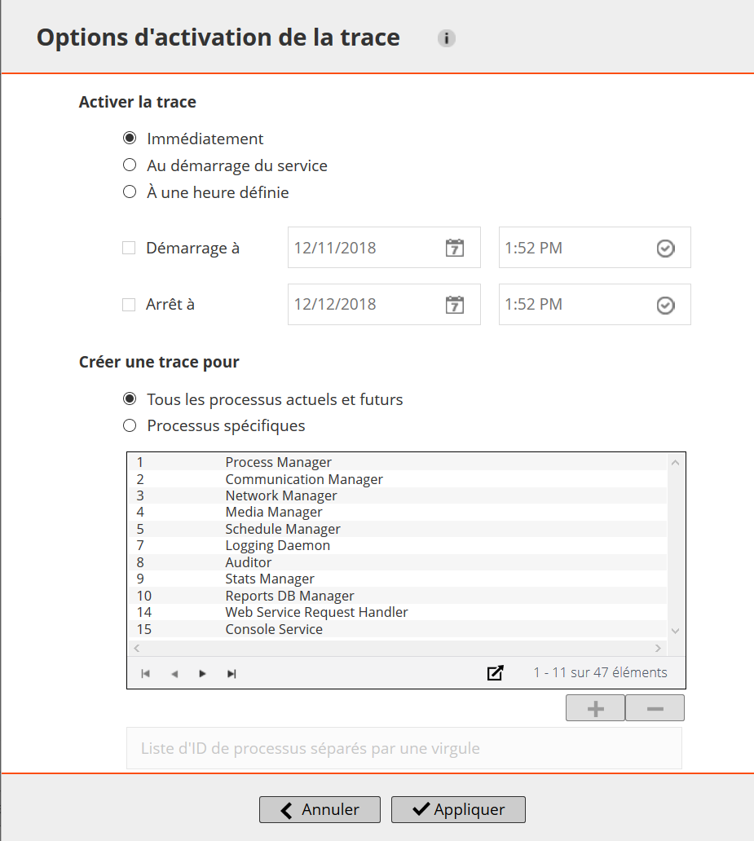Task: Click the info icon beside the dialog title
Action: [x=446, y=38]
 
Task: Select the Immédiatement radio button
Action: [x=130, y=139]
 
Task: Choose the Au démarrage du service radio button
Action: [x=130, y=165]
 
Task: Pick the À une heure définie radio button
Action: [x=130, y=192]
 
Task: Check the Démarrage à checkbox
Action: [x=129, y=248]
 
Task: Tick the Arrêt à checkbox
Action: [x=129, y=305]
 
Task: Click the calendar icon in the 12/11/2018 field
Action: [x=455, y=248]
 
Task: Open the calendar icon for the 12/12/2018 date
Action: [x=455, y=305]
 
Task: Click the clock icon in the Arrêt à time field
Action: [x=666, y=305]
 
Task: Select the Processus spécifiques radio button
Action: [x=130, y=425]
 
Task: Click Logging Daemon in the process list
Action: [x=277, y=545]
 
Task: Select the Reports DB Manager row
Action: [x=289, y=596]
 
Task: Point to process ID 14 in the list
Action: [x=144, y=612]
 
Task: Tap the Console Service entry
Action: [x=274, y=629]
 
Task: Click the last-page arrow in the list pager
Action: [x=231, y=673]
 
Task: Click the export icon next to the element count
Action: [x=495, y=673]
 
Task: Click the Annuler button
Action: [x=320, y=809]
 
